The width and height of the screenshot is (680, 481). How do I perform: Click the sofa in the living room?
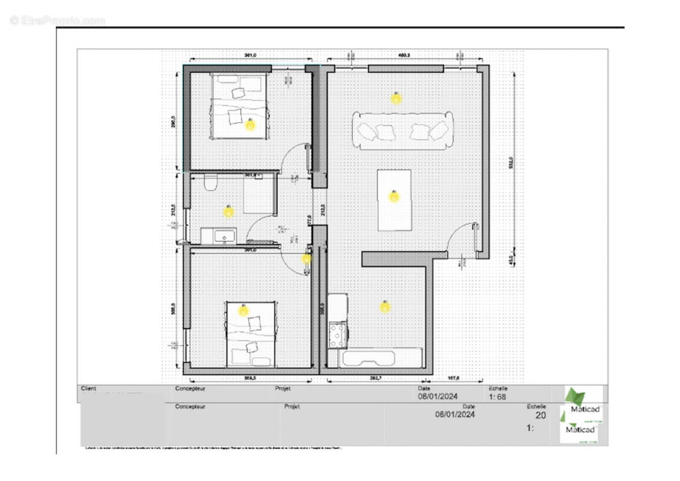point(402,130)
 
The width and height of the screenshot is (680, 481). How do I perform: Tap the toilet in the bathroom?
point(210,182)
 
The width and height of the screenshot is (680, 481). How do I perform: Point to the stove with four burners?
point(337,334)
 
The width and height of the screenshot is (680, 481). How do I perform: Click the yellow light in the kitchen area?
point(385,307)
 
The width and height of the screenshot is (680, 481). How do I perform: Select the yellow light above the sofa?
point(396,98)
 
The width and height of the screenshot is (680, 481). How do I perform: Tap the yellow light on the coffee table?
point(394,196)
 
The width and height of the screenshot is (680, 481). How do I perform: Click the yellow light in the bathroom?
point(228,211)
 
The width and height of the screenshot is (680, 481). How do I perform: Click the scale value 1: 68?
point(498,397)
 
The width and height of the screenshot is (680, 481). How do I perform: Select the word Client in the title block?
point(88,389)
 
